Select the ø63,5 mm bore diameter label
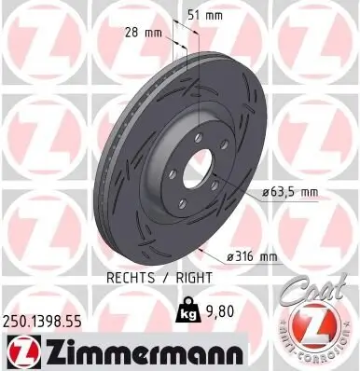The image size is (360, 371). coord(289,192)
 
